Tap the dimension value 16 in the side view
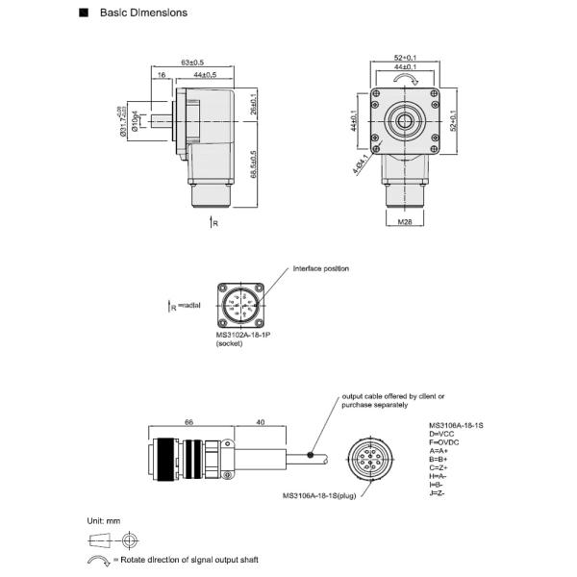[161, 74]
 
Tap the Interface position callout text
[321, 268]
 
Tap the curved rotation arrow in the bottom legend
[99, 560]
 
